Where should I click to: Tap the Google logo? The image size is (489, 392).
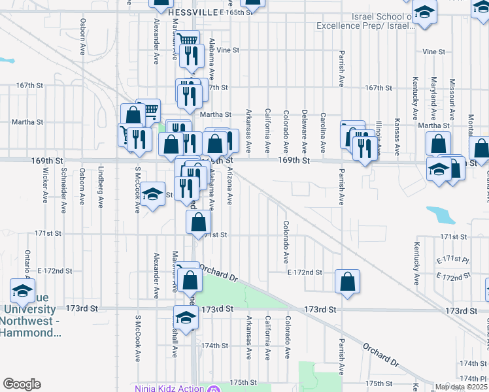pos(22,384)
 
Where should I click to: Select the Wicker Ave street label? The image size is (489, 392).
pos(46,185)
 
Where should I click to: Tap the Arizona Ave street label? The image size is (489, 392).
pos(229,186)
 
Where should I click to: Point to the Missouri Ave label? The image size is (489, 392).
pos(452,98)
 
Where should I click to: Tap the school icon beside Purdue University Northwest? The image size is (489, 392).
pos(22,290)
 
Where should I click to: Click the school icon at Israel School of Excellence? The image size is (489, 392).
pos(425,12)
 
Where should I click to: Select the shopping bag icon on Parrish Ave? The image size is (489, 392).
pos(348,282)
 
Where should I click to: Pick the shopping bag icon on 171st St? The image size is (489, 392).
pos(199,222)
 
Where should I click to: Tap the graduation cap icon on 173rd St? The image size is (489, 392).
pos(186,318)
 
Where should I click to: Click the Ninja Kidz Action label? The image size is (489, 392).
pos(170,389)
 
